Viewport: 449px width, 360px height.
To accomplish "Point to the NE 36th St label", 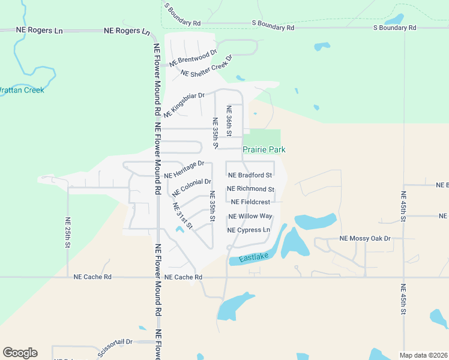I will (229, 119).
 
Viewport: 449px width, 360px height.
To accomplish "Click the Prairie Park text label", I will (264, 149).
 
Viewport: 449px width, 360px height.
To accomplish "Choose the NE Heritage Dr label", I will (184, 170).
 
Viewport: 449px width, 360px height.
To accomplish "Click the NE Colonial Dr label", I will (191, 188).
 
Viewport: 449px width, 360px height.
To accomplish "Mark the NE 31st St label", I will (182, 216).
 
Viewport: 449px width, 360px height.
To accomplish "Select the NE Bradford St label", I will (250, 175).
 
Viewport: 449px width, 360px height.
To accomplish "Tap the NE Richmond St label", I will (251, 189).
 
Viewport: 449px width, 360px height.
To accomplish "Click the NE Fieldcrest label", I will (250, 202).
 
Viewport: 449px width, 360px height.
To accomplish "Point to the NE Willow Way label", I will (250, 216).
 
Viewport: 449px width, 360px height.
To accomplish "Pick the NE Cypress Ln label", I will (249, 230).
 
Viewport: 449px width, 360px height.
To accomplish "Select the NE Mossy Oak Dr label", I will (365, 238).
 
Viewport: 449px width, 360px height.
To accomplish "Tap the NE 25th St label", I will (68, 233).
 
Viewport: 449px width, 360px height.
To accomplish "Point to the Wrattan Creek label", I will (21, 90).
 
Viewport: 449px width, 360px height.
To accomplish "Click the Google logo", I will (20, 353).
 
